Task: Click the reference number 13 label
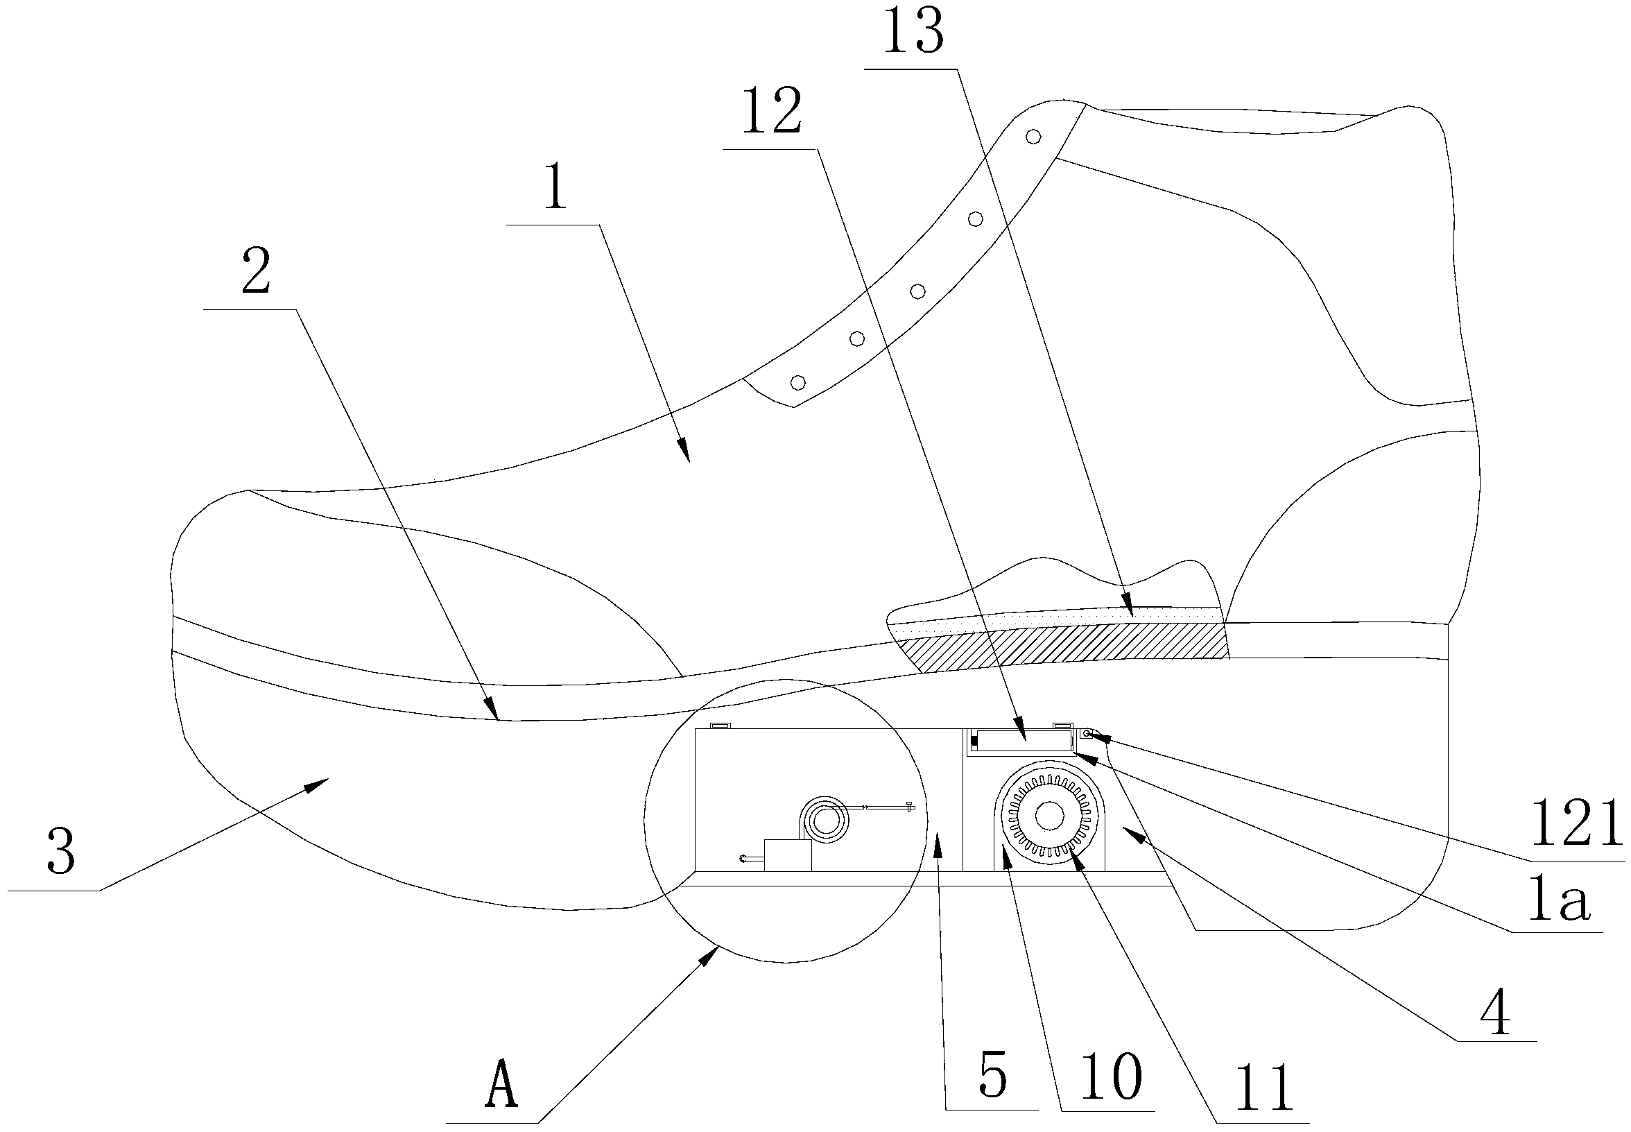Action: click(913, 33)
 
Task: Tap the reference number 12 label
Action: click(772, 112)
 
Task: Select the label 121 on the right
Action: click(1576, 825)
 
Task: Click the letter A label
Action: click(501, 1083)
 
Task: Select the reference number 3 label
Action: click(61, 852)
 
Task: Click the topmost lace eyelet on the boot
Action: click(1033, 136)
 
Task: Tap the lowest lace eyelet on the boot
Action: click(797, 383)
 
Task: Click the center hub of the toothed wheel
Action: click(1048, 816)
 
